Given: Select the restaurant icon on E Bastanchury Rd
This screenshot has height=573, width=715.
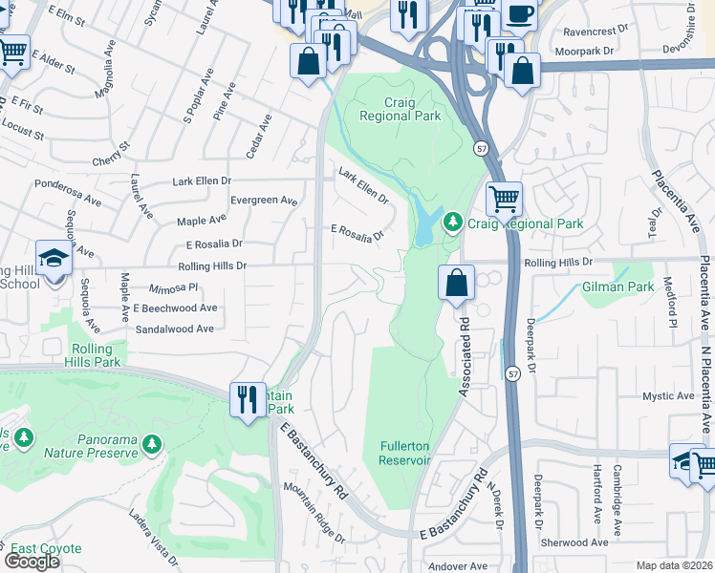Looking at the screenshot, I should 249,398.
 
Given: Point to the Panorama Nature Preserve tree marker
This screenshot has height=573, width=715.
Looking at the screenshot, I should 152,444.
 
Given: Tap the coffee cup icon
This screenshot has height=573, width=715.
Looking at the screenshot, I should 519,14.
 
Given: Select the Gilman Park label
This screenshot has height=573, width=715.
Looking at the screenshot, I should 617,286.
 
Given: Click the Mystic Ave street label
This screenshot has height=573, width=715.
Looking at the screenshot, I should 668,395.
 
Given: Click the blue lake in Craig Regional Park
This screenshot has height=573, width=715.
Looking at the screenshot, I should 423,227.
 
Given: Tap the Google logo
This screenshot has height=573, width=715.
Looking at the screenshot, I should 32,562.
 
